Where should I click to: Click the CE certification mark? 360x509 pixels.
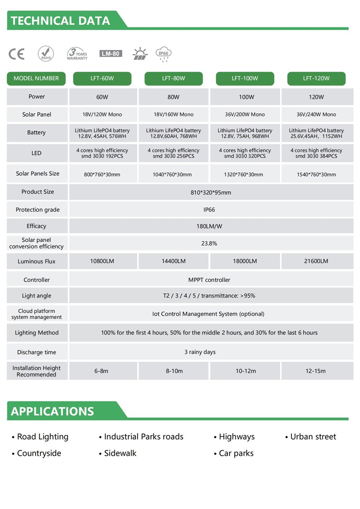(17, 54)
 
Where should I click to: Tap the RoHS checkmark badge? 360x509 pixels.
(45, 54)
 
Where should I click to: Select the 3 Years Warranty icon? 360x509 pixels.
(77, 54)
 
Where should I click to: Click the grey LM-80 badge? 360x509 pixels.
(111, 54)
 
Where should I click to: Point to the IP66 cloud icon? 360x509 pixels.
(163, 54)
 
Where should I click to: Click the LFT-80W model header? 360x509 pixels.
(174, 78)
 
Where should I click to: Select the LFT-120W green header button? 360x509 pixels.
(316, 78)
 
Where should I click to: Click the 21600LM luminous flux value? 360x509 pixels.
(316, 261)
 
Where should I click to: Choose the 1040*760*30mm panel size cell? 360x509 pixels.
(174, 174)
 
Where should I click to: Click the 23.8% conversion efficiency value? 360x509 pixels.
(209, 243)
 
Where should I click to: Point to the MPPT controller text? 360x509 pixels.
(209, 280)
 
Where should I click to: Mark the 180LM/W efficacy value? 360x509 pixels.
(209, 226)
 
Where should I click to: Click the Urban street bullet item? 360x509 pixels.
(311, 437)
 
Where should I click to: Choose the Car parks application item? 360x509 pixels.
(234, 453)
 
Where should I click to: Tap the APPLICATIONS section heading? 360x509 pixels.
(53, 411)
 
